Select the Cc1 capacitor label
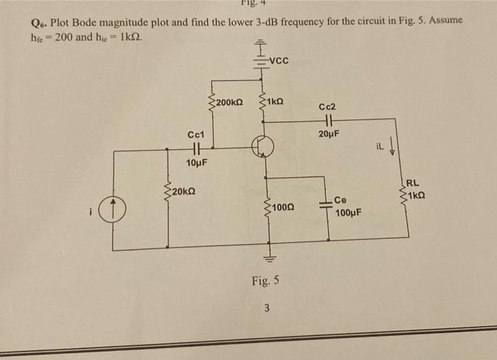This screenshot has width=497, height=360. [195, 134]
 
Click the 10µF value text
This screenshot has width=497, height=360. [196, 163]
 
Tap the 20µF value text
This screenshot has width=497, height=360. [329, 135]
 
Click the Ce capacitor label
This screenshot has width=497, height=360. [342, 201]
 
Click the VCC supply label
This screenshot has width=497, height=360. [279, 60]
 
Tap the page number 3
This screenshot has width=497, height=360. [267, 307]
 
